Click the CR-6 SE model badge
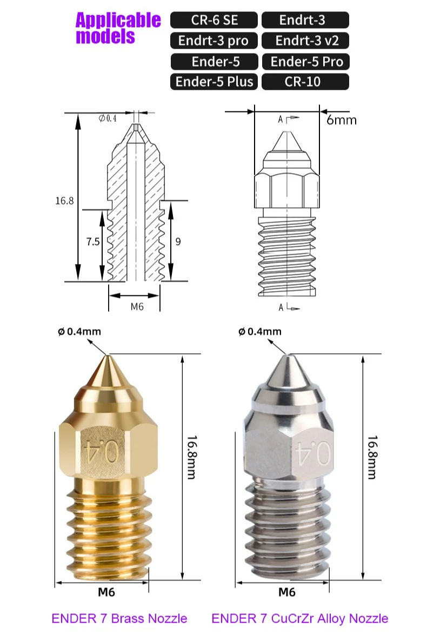tap(215, 20)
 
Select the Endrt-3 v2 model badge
tap(305, 41)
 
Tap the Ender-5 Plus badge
tap(215, 82)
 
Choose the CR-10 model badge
tap(305, 82)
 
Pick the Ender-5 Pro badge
tap(306, 61)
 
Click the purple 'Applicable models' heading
tap(118, 28)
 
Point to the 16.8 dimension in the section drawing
tap(64, 201)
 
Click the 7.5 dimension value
tap(92, 242)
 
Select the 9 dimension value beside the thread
tap(178, 242)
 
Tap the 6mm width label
tap(342, 120)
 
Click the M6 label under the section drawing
tap(137, 306)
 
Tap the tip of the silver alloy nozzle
tap(288, 355)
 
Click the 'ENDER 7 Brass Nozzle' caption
tap(119, 618)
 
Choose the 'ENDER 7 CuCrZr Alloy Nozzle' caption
tap(299, 618)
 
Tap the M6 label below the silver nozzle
tap(286, 592)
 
